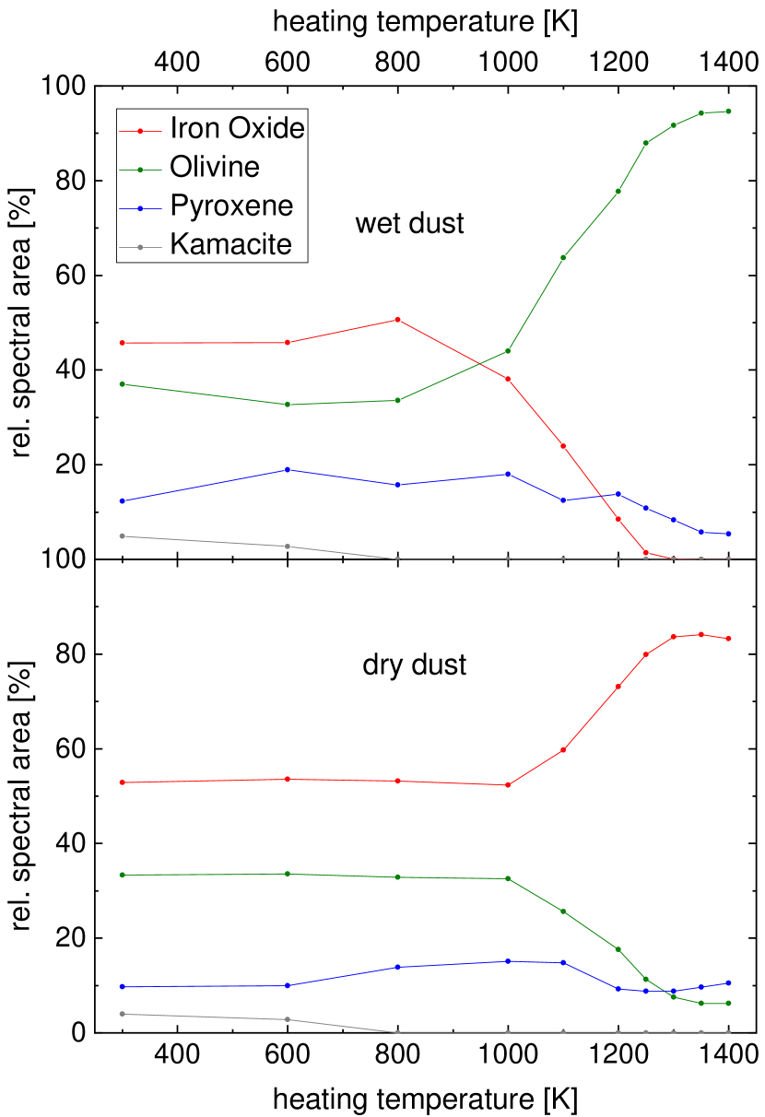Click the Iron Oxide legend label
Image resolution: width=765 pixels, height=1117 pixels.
[237, 128]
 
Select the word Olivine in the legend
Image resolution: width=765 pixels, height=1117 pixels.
[215, 167]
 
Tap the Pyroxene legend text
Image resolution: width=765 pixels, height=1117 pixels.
[231, 206]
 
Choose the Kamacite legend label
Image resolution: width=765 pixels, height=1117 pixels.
[230, 244]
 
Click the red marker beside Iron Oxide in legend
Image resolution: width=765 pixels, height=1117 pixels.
[140, 131]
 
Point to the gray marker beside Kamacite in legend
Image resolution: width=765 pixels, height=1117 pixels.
[140, 247]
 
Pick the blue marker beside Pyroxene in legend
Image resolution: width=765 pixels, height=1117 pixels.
[140, 208]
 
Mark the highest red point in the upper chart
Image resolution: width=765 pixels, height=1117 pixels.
[397, 320]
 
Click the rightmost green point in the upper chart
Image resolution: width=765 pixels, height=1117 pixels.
[729, 112]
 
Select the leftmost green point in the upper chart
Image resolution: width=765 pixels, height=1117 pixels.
[122, 384]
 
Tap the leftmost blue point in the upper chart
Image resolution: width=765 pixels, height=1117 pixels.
[122, 501]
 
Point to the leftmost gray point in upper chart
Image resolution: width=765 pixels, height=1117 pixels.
[122, 536]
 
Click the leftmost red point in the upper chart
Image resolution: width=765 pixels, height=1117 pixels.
[122, 343]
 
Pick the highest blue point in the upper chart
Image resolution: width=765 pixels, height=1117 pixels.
[288, 470]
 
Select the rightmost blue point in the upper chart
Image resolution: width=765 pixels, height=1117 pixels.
[729, 534]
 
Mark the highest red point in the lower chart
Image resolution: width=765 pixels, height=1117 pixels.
[701, 635]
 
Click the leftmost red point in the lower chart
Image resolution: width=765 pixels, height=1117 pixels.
[122, 782]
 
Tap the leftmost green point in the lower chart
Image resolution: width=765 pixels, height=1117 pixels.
[122, 875]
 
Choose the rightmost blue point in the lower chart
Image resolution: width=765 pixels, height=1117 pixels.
[729, 983]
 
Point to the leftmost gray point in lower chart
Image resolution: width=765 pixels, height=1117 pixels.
[122, 1014]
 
